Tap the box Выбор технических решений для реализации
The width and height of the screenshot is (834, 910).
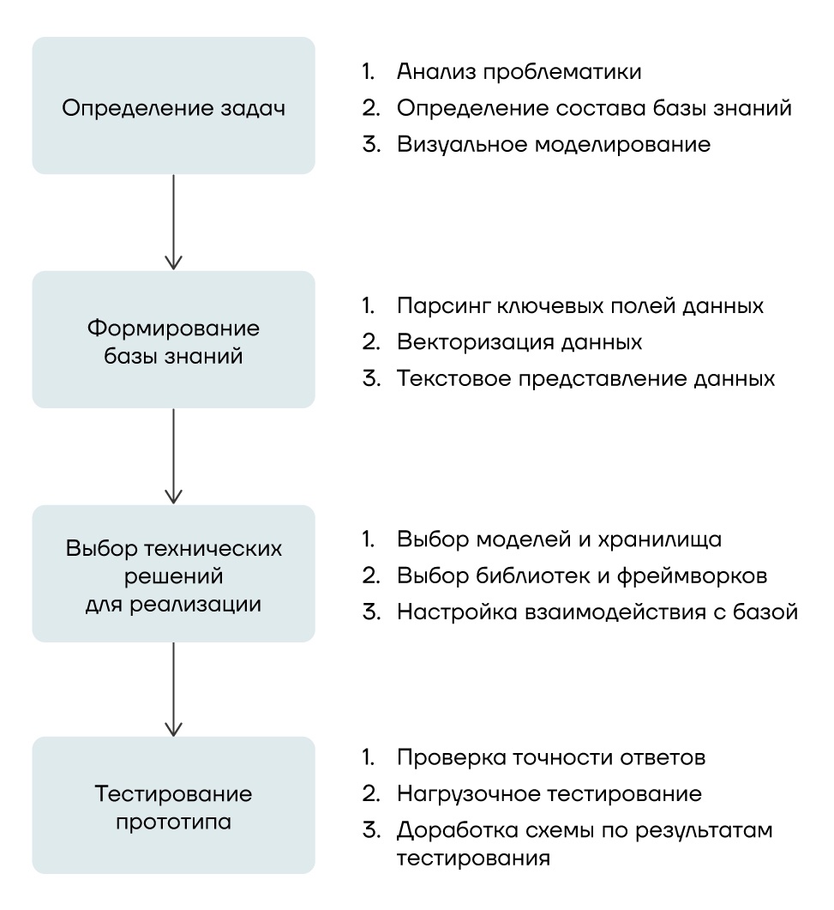(x=173, y=574)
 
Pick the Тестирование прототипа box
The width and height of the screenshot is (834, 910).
(x=173, y=805)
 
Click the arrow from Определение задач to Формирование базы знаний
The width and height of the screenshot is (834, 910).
(x=174, y=223)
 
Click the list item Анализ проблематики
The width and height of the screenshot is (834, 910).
(x=519, y=71)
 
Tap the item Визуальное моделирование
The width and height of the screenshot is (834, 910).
(x=554, y=144)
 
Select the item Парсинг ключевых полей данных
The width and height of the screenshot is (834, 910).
(x=580, y=305)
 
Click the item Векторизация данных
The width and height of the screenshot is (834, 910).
(x=519, y=341)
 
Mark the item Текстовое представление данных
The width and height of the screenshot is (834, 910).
(x=586, y=378)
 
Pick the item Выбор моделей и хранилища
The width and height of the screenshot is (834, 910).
(x=560, y=539)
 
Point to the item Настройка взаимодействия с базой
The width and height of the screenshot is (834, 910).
(x=597, y=612)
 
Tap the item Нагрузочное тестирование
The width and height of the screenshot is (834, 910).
(x=549, y=794)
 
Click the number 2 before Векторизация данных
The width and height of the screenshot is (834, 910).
(x=369, y=341)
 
